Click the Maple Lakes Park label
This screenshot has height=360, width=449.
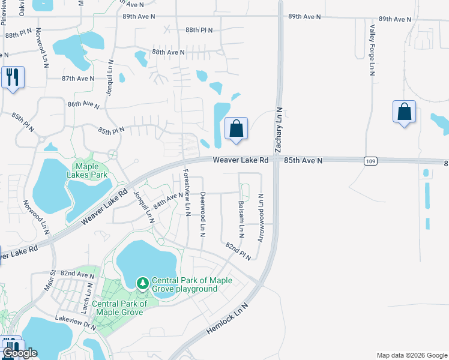(x=91, y=170)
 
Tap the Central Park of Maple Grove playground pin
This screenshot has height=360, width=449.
(x=142, y=282)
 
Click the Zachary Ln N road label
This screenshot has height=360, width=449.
(x=279, y=130)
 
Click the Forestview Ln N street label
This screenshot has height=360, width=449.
(x=187, y=192)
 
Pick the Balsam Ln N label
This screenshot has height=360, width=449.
(x=241, y=218)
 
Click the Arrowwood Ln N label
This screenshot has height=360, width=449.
(x=261, y=218)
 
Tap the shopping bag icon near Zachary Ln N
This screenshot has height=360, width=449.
(x=237, y=128)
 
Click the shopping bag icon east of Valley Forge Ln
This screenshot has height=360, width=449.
(x=404, y=112)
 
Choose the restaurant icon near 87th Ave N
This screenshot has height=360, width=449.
(x=13, y=77)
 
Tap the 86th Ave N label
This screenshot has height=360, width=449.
(x=83, y=104)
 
